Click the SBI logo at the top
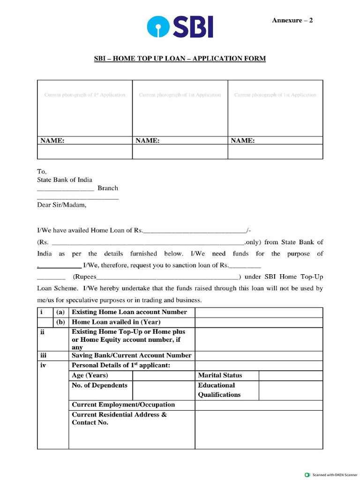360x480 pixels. point(180,27)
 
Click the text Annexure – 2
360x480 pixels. point(292,20)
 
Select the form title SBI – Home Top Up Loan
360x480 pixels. point(180,59)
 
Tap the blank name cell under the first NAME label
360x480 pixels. point(85,151)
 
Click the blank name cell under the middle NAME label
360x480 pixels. point(180,151)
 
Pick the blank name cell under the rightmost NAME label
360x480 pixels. point(275,151)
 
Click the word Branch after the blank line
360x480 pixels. point(108,188)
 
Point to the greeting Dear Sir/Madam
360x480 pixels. point(62,204)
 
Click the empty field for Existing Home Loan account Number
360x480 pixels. point(259,312)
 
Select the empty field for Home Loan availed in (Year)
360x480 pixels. point(259,322)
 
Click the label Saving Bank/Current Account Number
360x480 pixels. point(131,355)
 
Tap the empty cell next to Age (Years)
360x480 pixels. point(164,375)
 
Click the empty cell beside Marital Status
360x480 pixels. point(291,375)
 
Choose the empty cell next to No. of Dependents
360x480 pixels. point(164,390)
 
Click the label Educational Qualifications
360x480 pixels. point(219,390)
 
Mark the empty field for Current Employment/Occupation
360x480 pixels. point(259,405)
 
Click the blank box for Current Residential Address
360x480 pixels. point(259,429)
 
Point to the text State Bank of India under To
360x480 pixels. point(65,180)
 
